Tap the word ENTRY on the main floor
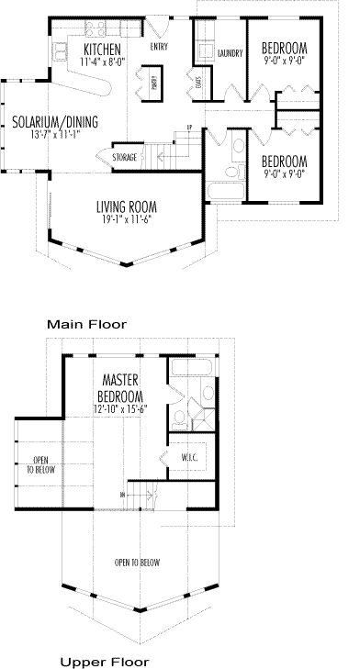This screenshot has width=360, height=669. (159, 46)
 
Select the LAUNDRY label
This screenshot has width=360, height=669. (230, 53)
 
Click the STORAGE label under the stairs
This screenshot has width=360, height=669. (125, 158)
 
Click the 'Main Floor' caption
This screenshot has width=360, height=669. (88, 324)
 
